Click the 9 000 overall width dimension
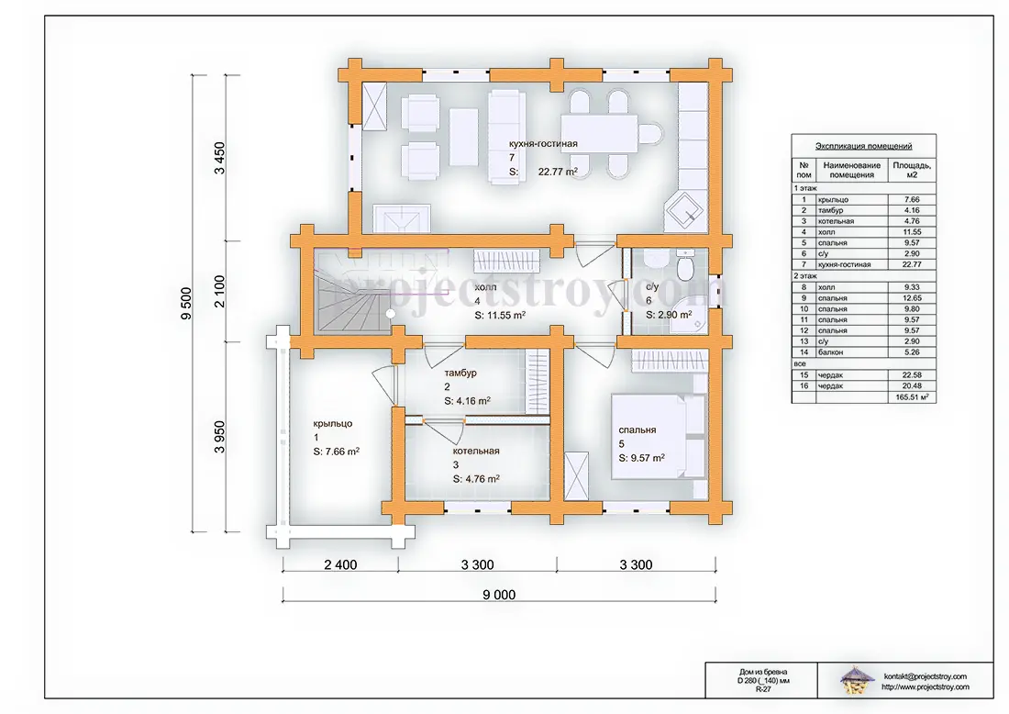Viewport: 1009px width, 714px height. [499, 595]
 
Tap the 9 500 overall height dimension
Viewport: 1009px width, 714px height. [186, 303]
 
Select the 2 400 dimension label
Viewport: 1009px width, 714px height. [340, 564]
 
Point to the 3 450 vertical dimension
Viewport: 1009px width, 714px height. [219, 158]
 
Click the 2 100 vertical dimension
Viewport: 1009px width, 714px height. [219, 291]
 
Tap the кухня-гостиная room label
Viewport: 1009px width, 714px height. [543, 143]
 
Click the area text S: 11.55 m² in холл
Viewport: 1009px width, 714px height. [500, 316]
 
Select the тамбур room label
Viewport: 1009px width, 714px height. [460, 373]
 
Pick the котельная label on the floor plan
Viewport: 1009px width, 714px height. [475, 451]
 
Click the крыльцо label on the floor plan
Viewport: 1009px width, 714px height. [333, 424]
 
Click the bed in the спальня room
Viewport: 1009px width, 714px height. [658, 437]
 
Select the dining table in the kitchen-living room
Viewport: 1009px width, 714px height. [598, 133]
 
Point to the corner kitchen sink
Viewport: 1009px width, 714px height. [683, 210]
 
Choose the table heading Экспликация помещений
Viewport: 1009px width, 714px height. [863, 146]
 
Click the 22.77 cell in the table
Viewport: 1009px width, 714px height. [912, 264]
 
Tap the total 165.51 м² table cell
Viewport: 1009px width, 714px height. [912, 397]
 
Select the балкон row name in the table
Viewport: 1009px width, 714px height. [830, 352]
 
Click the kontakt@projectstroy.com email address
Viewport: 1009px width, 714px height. [926, 676]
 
